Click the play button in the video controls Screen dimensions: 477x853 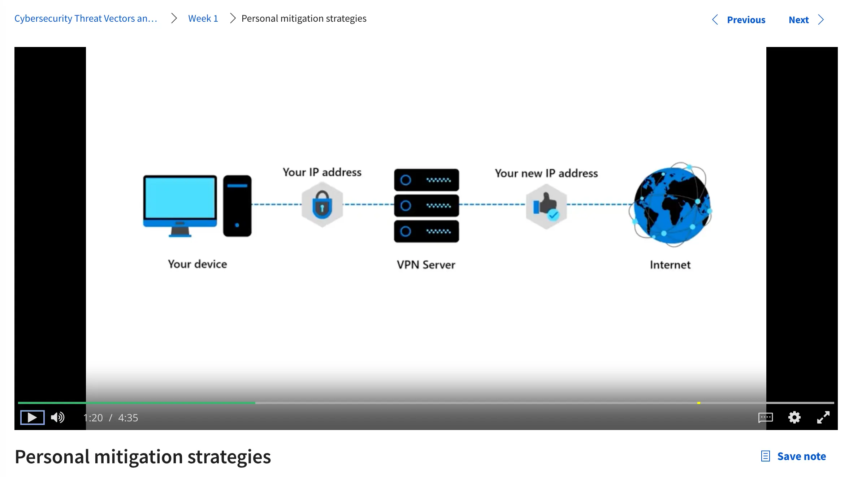(x=32, y=417)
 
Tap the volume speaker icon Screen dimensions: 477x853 (x=57, y=417)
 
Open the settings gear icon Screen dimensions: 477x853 (x=794, y=417)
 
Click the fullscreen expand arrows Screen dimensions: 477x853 (x=823, y=417)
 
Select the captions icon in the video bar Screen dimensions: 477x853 (x=765, y=417)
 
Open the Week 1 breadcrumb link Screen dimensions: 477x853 (x=203, y=18)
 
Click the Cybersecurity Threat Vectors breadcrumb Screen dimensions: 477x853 (x=86, y=18)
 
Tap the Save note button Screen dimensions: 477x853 (x=794, y=456)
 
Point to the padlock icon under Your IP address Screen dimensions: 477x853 (x=322, y=205)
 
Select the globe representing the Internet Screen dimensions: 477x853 (x=671, y=205)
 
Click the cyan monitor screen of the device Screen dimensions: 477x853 (x=180, y=198)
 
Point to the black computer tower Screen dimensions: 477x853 (x=237, y=206)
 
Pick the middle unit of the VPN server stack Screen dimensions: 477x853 (x=426, y=206)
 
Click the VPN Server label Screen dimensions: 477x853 (x=426, y=265)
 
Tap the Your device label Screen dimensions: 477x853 (x=197, y=264)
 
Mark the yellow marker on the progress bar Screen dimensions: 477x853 (x=699, y=403)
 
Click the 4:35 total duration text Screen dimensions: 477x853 (x=128, y=418)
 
